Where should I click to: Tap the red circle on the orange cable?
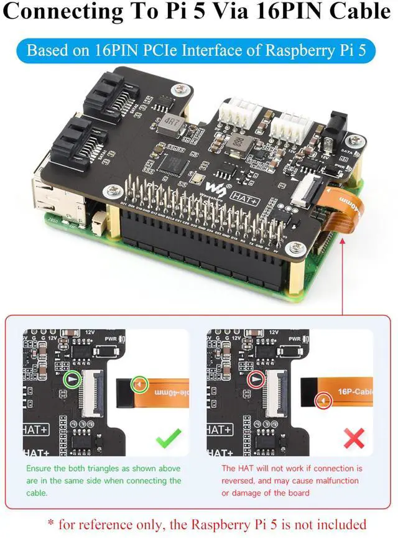[323, 401]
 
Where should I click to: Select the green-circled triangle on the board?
[73, 379]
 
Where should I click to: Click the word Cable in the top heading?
[351, 12]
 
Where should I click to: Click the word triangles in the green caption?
[96, 468]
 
